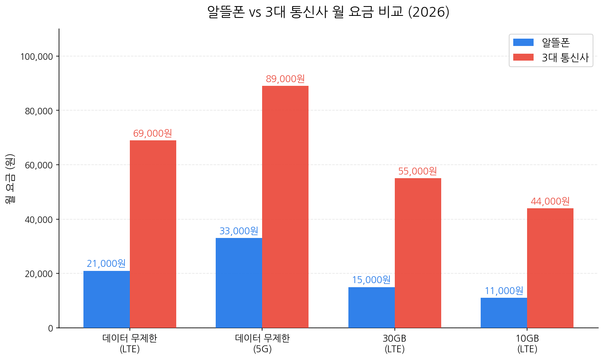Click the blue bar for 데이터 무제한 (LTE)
click(107, 299)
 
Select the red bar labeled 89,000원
click(285, 207)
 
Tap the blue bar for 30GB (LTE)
click(372, 308)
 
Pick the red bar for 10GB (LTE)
click(550, 268)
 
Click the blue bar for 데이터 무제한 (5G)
click(239, 283)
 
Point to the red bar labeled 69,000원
click(153, 234)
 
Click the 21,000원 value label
click(106, 264)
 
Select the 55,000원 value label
click(418, 171)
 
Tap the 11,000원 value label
click(504, 291)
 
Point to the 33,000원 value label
click(239, 231)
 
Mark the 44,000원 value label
click(550, 201)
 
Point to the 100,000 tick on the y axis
click(37, 57)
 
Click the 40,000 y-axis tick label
click(39, 220)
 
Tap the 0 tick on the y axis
click(50, 328)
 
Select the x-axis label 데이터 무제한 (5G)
click(263, 343)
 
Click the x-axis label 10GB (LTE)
click(527, 343)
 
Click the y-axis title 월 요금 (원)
click(10, 179)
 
